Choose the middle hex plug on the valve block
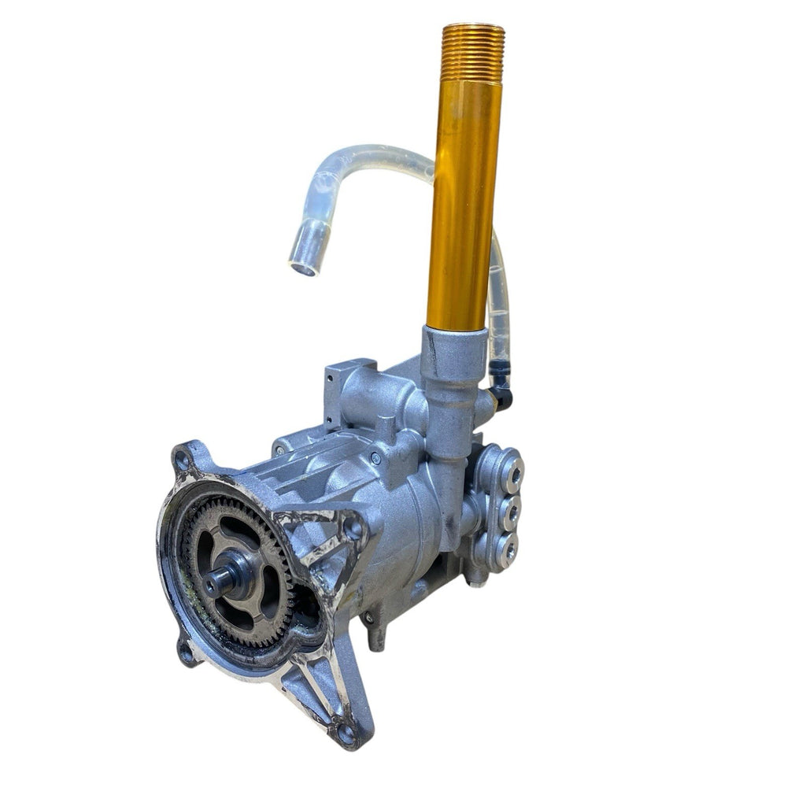tap(511, 512)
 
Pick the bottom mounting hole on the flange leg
tap(346, 733)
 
